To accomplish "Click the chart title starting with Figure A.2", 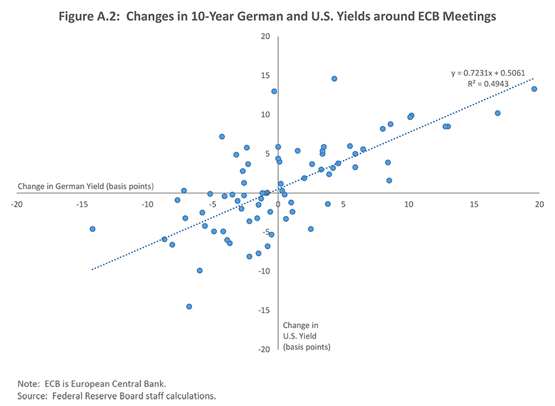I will click(277, 16).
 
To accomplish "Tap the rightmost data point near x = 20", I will click(534, 89).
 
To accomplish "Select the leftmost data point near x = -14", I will click(93, 229).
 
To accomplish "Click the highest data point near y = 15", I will click(334, 78).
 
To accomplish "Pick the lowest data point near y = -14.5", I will click(189, 306).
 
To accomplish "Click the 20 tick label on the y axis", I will click(266, 37).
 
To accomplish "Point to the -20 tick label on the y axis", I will click(264, 350).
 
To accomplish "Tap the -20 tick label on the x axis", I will click(17, 204).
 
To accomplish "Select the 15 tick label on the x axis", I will click(474, 204).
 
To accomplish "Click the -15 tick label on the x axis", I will click(82, 204).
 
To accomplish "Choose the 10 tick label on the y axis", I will click(266, 115).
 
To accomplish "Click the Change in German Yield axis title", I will click(85, 186).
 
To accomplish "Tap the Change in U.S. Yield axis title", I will click(307, 336).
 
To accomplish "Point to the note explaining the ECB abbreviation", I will click(96, 383).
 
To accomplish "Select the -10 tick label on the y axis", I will click(264, 272).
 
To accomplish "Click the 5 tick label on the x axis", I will click(343, 204).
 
